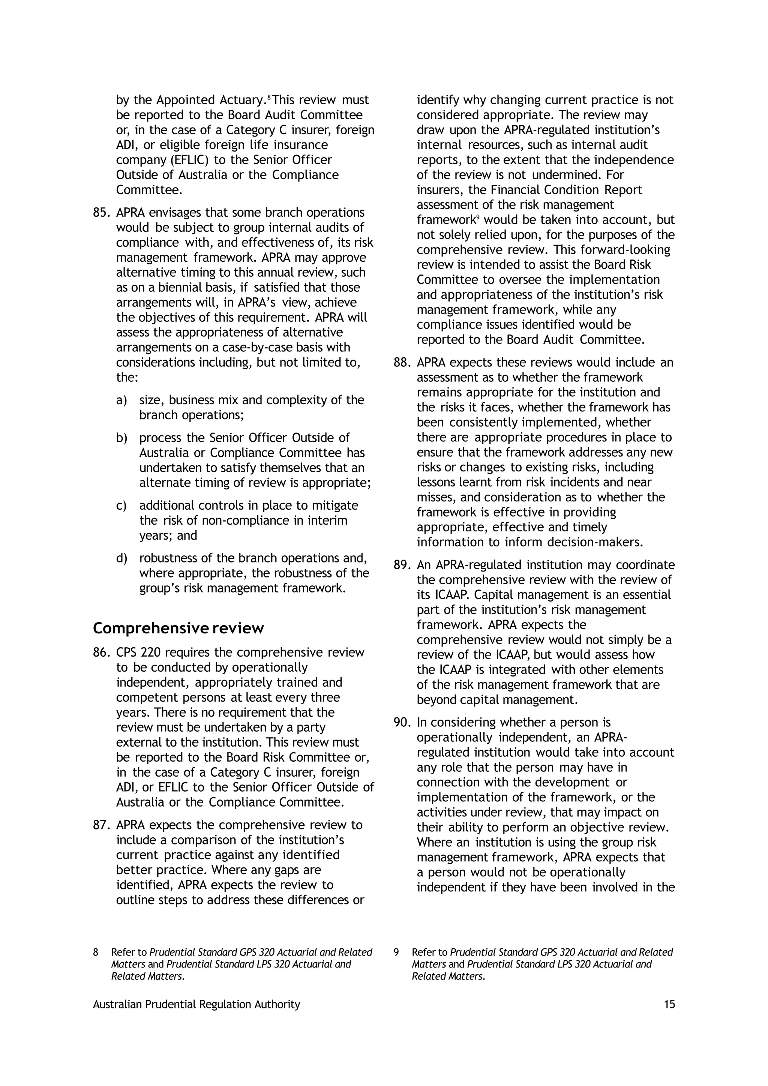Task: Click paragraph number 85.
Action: click(101, 213)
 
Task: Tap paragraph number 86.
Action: click(101, 653)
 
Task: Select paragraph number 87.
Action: click(101, 825)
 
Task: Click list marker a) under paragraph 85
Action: click(121, 400)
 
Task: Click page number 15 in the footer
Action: click(669, 1005)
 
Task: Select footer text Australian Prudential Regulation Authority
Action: click(196, 1005)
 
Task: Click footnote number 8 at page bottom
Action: click(96, 952)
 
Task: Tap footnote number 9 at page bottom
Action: click(396, 952)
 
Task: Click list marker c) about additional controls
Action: click(121, 505)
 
